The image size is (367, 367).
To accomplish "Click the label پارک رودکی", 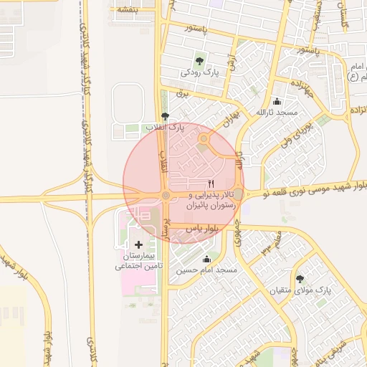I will (199, 72).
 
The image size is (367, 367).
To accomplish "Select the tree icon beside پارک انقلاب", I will (166, 116).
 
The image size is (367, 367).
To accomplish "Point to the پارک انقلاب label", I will (166, 127).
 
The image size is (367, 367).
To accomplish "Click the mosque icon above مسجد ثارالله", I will (277, 102).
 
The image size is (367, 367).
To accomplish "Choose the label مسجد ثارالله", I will (277, 113).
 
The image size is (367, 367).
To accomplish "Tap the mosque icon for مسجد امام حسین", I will (207, 259).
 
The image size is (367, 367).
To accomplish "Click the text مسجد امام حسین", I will (207, 270).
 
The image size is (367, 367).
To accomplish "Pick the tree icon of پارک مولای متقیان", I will (300, 279).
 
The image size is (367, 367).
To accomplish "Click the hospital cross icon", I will (138, 245).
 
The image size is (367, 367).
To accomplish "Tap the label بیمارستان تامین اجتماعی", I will (138, 261).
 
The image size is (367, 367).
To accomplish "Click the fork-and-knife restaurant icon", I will (210, 183).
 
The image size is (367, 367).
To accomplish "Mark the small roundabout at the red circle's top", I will (204, 139).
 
